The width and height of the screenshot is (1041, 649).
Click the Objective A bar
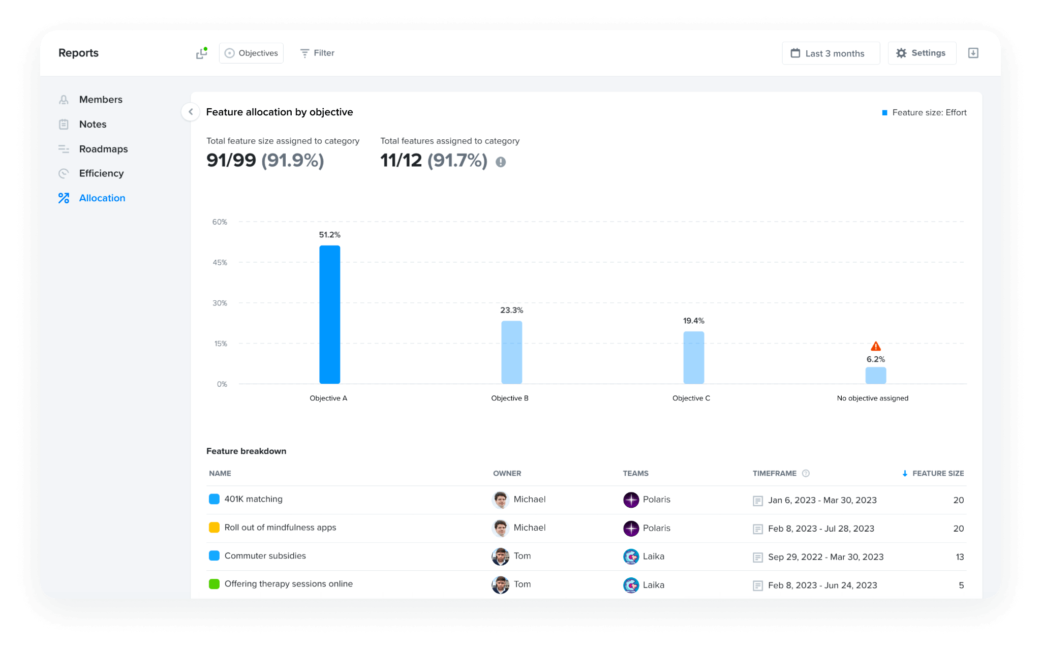(x=329, y=315)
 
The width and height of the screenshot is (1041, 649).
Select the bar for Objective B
(x=511, y=352)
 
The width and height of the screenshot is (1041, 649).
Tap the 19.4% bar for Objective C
(x=693, y=357)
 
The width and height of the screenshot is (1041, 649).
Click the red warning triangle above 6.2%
(x=875, y=347)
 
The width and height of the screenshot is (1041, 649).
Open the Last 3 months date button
(x=831, y=53)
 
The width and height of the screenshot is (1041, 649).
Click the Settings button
(x=922, y=53)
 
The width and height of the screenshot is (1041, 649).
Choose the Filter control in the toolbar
(x=317, y=53)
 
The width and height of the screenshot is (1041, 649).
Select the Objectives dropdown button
(x=251, y=53)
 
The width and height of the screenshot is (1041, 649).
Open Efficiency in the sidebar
(x=101, y=173)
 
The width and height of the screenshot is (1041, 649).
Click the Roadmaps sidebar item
(x=103, y=149)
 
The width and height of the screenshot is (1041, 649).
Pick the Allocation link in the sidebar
(x=102, y=198)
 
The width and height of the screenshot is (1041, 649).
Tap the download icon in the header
(x=973, y=53)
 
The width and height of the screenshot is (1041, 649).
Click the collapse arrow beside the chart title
(x=191, y=112)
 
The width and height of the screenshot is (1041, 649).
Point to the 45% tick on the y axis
(x=220, y=263)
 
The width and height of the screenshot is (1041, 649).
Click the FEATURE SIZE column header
(x=937, y=474)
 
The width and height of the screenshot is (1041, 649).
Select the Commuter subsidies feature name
(x=265, y=556)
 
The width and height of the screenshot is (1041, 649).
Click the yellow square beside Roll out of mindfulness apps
(x=214, y=528)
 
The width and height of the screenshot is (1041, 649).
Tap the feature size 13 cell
(x=959, y=557)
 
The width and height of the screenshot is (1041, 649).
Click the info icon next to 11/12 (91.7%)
(x=501, y=162)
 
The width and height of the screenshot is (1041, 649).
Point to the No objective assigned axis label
(x=872, y=398)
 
